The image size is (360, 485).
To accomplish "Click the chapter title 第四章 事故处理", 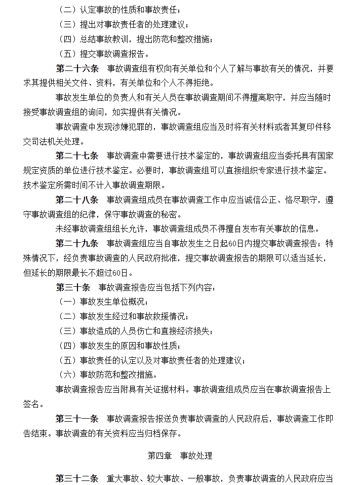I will [x=180, y=456].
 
